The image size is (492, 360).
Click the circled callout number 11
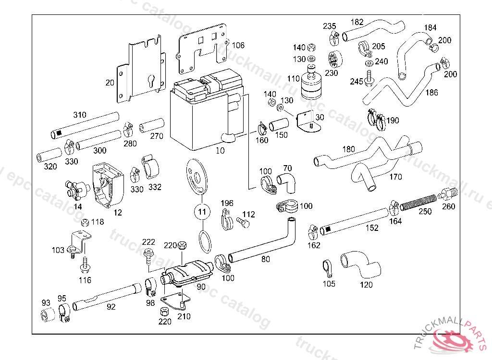point(202,211)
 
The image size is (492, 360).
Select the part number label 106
point(238,46)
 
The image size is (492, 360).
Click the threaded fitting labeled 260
point(448,194)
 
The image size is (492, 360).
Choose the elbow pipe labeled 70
point(287,181)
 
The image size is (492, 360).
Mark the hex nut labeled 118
point(85,222)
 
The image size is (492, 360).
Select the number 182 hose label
point(357,22)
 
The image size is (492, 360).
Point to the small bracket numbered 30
point(307,120)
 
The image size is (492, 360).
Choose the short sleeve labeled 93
point(47,316)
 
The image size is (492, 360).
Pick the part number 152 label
point(372,228)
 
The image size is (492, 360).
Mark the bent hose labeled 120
point(360,264)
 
